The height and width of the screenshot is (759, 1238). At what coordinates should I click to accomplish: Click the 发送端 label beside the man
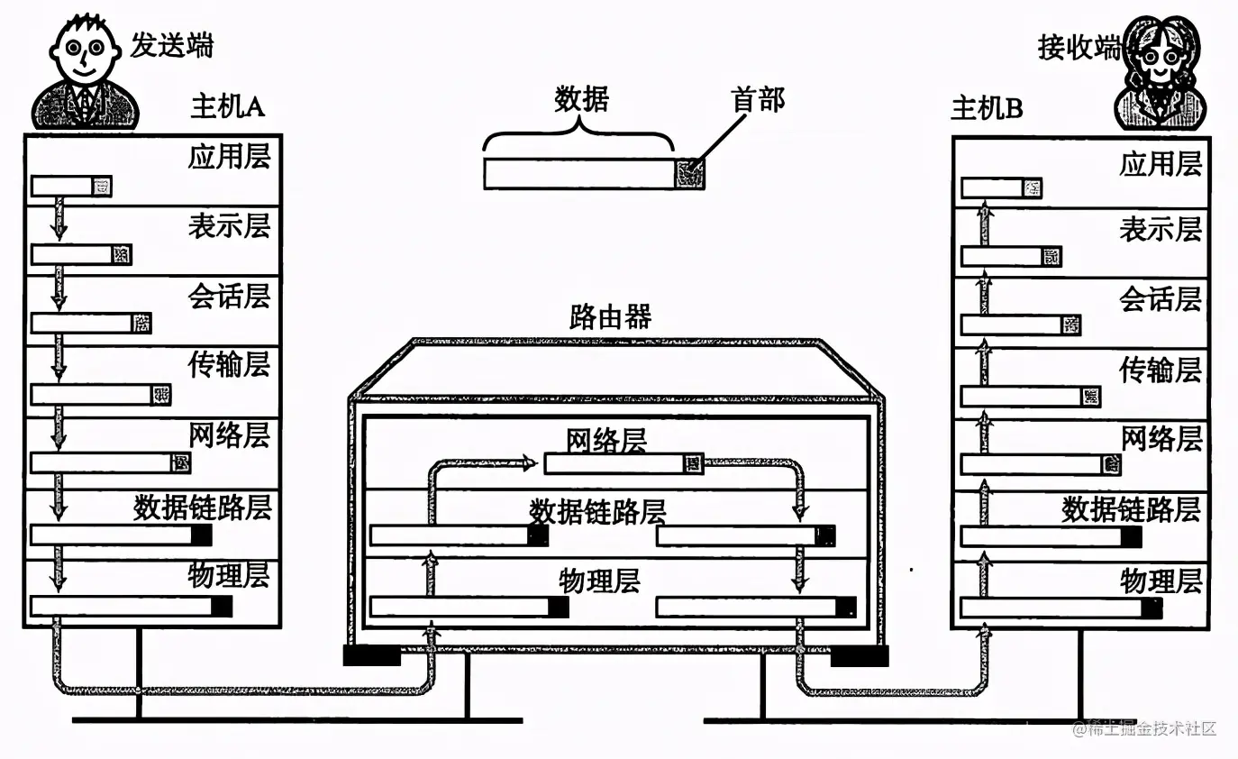point(172,44)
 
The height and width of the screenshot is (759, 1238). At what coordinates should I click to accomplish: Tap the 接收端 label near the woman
point(1079,47)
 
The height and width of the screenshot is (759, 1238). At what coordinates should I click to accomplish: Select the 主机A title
point(227,106)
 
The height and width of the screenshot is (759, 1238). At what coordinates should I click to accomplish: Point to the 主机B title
point(987,109)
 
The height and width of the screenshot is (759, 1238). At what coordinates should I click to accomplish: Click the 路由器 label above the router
point(610,317)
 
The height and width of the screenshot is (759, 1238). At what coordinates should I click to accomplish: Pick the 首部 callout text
point(758,99)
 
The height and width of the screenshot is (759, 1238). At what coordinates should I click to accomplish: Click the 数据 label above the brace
point(581,99)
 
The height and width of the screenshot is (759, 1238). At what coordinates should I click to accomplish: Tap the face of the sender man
point(84,53)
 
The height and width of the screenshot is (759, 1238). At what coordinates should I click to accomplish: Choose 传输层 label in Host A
point(229,365)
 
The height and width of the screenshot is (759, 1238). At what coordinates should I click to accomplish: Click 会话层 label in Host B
point(1161,298)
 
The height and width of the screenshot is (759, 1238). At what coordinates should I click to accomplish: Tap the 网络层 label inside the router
point(606,441)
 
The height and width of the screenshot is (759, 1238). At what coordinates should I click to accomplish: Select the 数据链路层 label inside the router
point(596,512)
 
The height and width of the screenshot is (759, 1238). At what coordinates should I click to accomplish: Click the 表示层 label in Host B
point(1161,229)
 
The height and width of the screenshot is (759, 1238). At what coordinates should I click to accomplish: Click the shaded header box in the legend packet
point(690,173)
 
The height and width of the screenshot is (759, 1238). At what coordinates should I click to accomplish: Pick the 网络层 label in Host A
point(229,435)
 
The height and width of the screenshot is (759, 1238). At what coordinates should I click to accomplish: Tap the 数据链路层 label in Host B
point(1131,509)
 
